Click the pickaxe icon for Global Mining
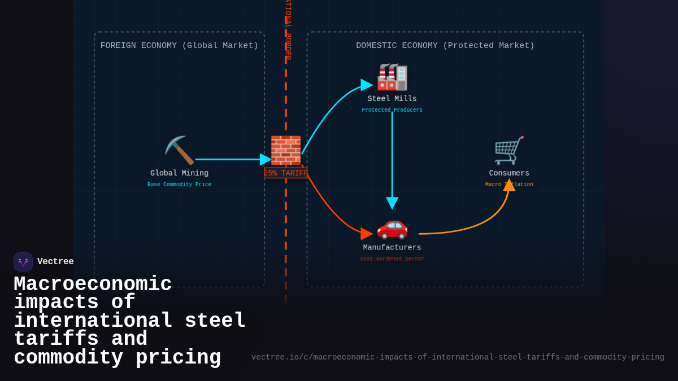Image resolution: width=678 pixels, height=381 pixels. coord(179,150)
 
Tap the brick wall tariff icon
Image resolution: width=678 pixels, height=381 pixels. coord(285,150)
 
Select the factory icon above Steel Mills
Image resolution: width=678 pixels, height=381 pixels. coord(392,77)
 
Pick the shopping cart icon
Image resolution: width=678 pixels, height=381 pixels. coord(509,150)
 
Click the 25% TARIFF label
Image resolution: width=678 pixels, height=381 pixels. coord(285,173)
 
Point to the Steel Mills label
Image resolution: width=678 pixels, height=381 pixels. coord(392,99)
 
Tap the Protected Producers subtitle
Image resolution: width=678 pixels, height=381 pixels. coord(392,110)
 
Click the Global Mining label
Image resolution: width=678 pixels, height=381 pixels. coord(179,173)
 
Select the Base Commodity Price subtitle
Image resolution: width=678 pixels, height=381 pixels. coord(179,185)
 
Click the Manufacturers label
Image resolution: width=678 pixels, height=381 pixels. coord(392,248)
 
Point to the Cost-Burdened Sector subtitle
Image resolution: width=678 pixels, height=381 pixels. coord(392,259)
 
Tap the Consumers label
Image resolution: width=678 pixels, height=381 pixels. coord(509,173)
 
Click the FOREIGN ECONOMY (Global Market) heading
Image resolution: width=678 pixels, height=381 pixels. coord(179,46)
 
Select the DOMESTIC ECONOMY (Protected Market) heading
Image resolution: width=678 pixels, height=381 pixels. coord(445,46)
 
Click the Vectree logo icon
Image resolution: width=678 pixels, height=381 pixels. coord(23,262)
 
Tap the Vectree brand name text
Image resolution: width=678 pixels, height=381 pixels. coord(55,262)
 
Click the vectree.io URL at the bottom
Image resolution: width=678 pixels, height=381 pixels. coord(458,357)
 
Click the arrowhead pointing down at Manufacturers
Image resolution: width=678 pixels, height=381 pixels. coord(392,203)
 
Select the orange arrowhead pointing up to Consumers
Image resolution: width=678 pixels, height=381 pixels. coord(509,185)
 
